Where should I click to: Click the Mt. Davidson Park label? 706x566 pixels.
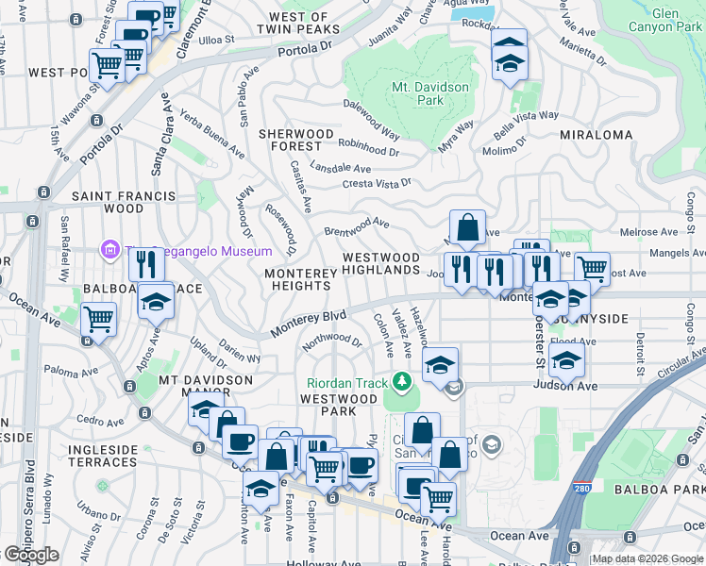[417, 94]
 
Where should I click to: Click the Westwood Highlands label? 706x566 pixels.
[380, 263]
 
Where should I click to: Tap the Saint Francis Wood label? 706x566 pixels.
[124, 202]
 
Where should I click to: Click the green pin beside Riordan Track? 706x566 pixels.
[403, 380]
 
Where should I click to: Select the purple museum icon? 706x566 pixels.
[109, 251]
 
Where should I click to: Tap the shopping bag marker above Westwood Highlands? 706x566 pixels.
[467, 227]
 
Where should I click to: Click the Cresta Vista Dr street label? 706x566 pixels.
[377, 183]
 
